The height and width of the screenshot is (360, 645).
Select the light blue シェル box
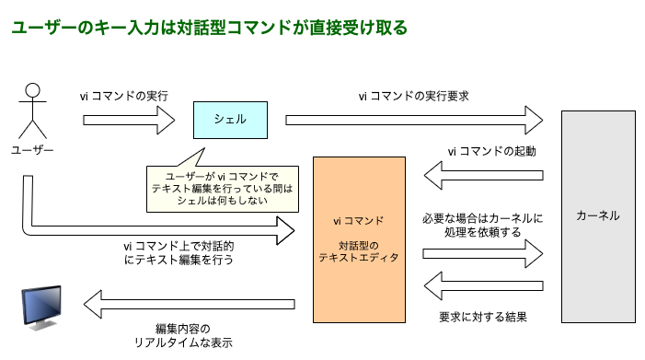click(229, 119)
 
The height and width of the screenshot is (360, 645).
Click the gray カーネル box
click(597, 216)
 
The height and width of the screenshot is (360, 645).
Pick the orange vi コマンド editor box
click(358, 239)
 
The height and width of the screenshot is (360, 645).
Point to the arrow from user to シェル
click(128, 119)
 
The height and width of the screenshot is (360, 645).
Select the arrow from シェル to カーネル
click(413, 119)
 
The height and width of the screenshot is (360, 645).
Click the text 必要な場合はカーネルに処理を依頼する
click(483, 226)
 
